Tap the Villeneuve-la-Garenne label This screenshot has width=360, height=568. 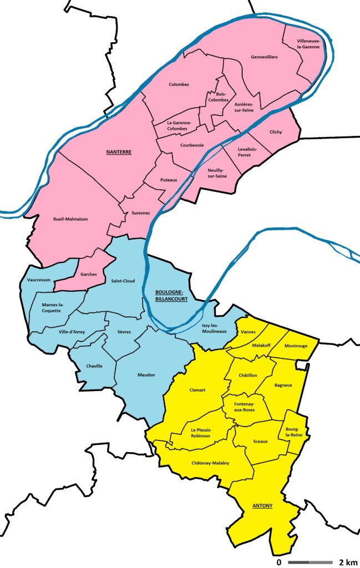(308, 44)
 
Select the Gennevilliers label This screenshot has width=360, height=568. (264, 57)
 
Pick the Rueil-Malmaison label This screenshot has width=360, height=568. (70, 219)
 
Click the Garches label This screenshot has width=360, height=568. (89, 274)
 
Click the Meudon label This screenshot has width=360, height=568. (146, 376)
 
